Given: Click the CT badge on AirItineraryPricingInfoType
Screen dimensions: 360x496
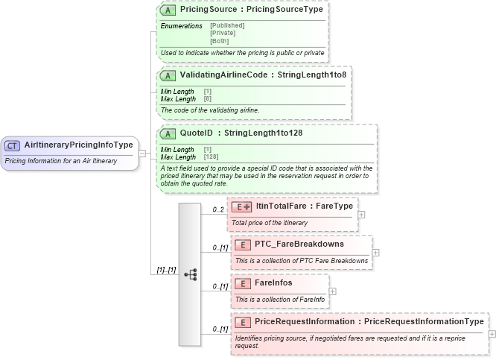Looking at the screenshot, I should click(x=13, y=145).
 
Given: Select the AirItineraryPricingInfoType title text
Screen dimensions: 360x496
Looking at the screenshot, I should click(x=78, y=145).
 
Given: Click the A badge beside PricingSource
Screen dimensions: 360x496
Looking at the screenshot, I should click(x=168, y=11).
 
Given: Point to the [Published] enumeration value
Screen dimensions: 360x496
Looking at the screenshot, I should click(x=227, y=25).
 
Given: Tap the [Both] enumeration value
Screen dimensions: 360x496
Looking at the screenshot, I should click(x=219, y=41).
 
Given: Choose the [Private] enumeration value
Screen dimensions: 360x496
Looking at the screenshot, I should click(x=223, y=33).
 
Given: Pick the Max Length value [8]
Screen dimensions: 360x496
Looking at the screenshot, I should click(x=209, y=98).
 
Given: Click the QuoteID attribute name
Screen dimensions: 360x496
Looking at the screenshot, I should click(x=197, y=133).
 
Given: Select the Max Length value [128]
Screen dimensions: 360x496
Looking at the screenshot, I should click(x=212, y=157).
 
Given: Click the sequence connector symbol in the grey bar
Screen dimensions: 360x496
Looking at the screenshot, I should click(x=190, y=274).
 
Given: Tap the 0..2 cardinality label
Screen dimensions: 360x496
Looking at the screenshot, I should click(x=218, y=209).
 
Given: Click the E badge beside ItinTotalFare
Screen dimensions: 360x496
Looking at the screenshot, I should click(x=241, y=206).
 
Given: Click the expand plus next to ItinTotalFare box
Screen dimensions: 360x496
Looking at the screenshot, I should click(x=361, y=214).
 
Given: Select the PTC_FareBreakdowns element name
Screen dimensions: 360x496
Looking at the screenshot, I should click(x=299, y=244).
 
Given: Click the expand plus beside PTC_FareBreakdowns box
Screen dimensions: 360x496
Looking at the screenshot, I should click(x=375, y=252).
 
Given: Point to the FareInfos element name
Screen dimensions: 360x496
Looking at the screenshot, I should click(x=273, y=283).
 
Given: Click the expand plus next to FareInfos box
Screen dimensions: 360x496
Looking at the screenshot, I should click(x=332, y=291).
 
